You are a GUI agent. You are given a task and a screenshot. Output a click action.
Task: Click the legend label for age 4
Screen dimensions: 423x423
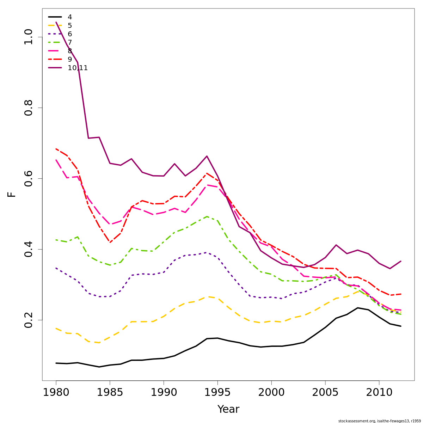(x=70, y=17)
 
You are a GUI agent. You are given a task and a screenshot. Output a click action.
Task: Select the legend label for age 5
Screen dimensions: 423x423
(x=70, y=25)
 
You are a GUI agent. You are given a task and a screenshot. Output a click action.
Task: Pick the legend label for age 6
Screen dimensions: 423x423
(x=70, y=34)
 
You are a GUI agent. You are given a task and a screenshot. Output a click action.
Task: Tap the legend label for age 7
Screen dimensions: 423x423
(x=70, y=42)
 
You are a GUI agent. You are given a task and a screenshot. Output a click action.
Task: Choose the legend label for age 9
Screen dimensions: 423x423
(x=70, y=59)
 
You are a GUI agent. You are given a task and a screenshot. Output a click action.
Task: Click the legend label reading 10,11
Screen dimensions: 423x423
(x=78, y=68)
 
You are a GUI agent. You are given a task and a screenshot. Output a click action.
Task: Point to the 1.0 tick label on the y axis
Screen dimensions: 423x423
(x=28, y=37)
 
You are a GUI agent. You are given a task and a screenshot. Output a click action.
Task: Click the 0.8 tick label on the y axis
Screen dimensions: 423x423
(x=28, y=108)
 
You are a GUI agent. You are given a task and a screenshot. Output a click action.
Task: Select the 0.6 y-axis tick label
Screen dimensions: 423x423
(x=28, y=178)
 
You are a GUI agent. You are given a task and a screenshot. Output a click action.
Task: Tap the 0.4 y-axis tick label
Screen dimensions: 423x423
(x=28, y=249)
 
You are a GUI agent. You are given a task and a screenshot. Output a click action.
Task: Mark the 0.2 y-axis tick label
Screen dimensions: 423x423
(x=28, y=320)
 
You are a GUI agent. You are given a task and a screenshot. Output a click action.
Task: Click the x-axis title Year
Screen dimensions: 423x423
(x=228, y=409)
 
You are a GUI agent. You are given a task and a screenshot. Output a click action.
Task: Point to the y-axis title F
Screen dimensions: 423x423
(x=12, y=194)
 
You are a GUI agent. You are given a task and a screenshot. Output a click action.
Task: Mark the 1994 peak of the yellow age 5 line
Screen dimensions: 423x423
(x=207, y=296)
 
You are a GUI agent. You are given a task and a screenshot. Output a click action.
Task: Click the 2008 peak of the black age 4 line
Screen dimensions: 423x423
(x=357, y=308)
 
